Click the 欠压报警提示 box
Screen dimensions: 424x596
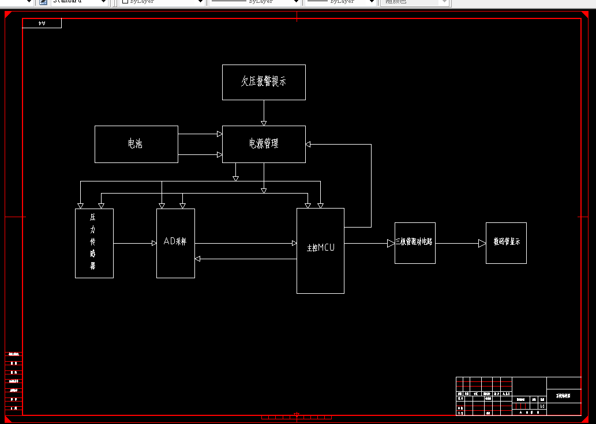tap(264, 82)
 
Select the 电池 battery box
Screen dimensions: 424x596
tap(136, 144)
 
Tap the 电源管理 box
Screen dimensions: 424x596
tap(264, 144)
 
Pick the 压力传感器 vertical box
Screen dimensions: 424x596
tap(94, 243)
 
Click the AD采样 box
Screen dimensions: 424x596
tap(175, 243)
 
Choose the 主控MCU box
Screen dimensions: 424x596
tap(320, 250)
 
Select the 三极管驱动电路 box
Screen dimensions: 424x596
tap(415, 243)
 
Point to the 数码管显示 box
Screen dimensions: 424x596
tap(506, 243)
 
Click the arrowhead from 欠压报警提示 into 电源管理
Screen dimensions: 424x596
tap(264, 123)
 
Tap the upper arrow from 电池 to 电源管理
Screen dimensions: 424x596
tap(219, 134)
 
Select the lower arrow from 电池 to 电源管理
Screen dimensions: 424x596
tap(219, 154)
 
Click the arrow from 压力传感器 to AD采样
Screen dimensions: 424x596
tap(153, 243)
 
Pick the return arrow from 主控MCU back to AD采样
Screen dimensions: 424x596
tap(198, 259)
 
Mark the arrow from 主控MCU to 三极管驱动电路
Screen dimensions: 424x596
tap(391, 243)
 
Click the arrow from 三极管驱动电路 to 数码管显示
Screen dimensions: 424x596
tap(482, 243)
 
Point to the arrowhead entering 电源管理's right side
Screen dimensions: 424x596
tap(309, 144)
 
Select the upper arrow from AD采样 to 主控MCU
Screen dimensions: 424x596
tap(294, 243)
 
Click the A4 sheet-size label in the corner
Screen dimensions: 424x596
tap(42, 23)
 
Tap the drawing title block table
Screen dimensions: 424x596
tap(518, 396)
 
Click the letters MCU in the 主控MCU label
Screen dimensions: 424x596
tap(326, 248)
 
